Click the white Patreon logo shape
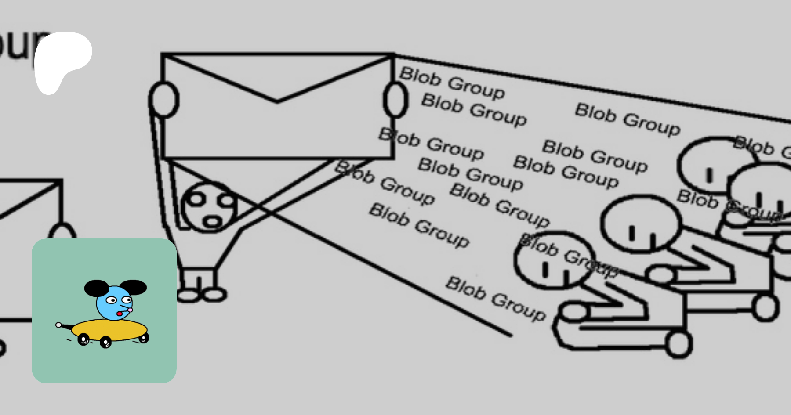point(62,59)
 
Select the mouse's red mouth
point(120,314)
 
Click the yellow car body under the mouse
point(110,330)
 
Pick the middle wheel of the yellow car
point(105,342)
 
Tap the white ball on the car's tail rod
point(58,325)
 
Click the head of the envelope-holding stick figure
point(209,206)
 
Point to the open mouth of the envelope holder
point(212,221)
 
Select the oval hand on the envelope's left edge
point(163,100)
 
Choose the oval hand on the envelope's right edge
point(395,100)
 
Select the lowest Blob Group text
point(496,299)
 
